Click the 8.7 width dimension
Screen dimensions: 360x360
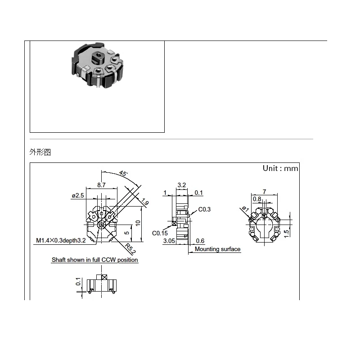click(101, 185)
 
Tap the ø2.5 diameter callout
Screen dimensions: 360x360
click(78, 196)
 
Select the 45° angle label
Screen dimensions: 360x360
click(123, 173)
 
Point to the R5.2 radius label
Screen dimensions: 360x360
click(130, 249)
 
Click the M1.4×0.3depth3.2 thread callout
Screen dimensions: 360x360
click(61, 240)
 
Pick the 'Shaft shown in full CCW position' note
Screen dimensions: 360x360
click(94, 260)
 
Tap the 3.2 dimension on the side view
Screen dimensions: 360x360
click(182, 185)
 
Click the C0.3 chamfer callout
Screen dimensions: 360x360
click(204, 209)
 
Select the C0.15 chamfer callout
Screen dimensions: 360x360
click(160, 233)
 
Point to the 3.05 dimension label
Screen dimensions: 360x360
click(169, 241)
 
